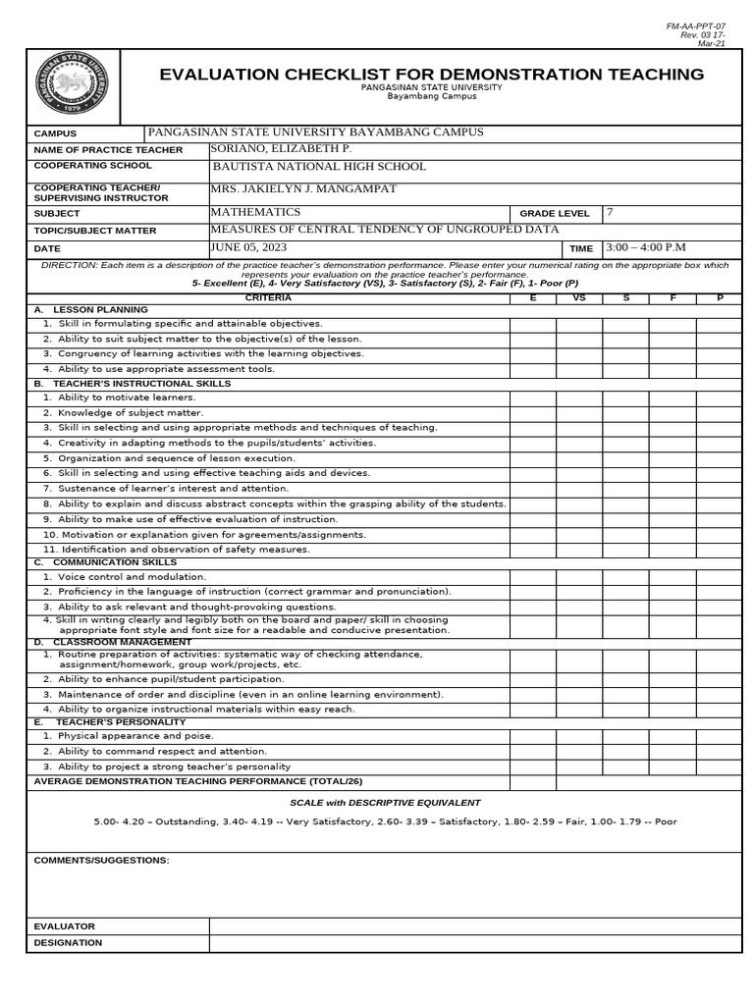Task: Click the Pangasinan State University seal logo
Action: point(72,85)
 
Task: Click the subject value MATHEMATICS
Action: point(256,212)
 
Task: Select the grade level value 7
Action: point(610,212)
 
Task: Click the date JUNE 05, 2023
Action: point(248,247)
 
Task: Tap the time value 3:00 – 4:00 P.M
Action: point(645,247)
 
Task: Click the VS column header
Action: point(579,296)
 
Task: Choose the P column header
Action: point(719,296)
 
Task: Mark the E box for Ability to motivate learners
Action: point(532,397)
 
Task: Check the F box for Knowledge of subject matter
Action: point(673,413)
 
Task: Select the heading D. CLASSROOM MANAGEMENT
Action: point(112,642)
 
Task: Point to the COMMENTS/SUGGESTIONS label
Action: point(101,860)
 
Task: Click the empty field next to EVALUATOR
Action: point(475,926)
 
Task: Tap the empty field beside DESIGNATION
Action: point(475,943)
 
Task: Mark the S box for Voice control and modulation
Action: point(625,577)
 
